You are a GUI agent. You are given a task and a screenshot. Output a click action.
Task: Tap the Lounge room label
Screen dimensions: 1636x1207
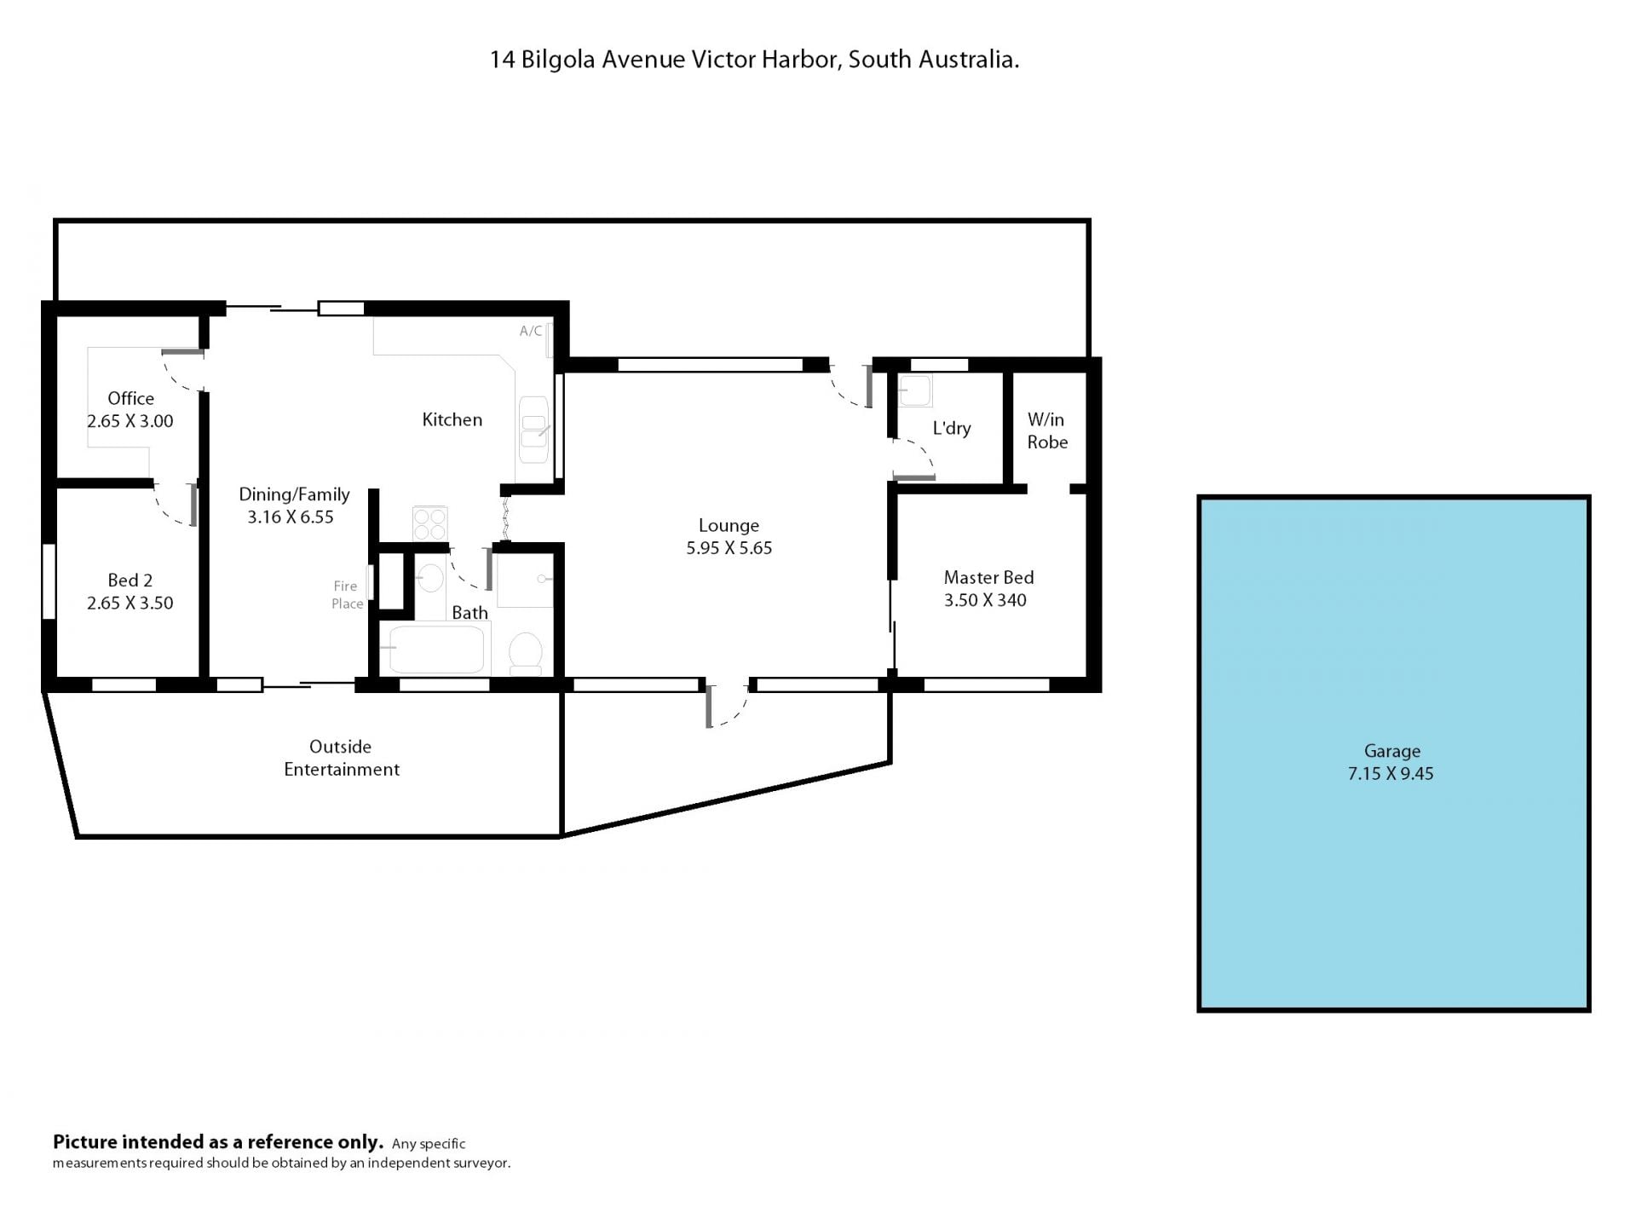coord(729,526)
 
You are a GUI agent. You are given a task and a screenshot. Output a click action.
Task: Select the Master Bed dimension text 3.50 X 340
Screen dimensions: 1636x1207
coord(985,600)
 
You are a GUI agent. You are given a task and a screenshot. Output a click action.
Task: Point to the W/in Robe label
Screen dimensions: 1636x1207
coord(1047,430)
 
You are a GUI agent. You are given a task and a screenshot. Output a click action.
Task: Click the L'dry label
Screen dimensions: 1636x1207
coord(952,428)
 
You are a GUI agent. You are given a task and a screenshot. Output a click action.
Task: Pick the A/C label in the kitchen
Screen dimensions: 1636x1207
coord(531,331)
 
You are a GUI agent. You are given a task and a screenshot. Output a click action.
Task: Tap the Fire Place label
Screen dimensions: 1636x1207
coord(347,595)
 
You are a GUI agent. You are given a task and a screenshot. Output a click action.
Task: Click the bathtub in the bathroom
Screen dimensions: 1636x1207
coord(435,650)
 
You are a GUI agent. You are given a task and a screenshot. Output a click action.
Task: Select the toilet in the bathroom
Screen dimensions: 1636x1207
coord(525,653)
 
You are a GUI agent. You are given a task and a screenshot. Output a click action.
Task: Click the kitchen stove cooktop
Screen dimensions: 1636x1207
coord(430,523)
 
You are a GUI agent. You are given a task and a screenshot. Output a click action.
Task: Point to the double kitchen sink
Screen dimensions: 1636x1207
coord(534,430)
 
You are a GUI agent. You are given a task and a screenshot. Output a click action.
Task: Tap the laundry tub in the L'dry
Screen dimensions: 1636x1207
coord(915,390)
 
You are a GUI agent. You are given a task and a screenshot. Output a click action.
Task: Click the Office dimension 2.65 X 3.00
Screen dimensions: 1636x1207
coord(130,421)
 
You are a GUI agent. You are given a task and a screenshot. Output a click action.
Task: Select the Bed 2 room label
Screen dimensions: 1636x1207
coord(130,580)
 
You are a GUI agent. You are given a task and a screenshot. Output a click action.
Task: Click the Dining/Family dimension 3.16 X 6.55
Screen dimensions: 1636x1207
coord(291,517)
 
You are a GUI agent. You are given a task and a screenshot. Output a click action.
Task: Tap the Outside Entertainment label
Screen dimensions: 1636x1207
coord(341,758)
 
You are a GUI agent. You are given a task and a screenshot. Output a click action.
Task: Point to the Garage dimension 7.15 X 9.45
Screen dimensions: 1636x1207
coord(1391,774)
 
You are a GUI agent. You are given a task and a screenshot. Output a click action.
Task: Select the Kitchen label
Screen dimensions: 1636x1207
coord(452,419)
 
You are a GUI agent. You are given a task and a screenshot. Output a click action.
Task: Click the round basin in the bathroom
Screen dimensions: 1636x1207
coord(431,578)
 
